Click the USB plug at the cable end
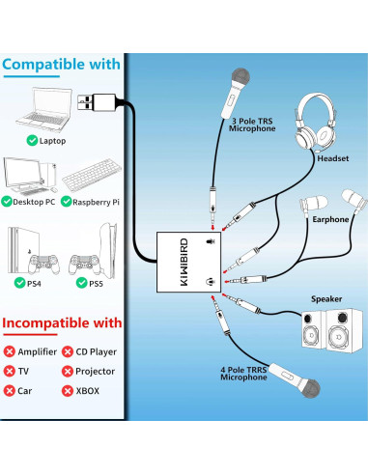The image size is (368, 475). coord(97,102)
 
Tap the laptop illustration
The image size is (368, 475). coord(44,109)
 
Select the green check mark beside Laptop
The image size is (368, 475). coord(32,140)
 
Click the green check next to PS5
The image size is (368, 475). coord(82,283)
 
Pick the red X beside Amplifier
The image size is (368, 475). coord(10,351)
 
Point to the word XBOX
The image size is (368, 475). coord(87,391)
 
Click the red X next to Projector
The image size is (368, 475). coord(68,371)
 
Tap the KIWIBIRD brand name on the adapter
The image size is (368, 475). coord(184,262)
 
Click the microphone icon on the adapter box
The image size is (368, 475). coord(211,241)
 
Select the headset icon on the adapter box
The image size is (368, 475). coord(211,282)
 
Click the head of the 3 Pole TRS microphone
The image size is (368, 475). coord(241,77)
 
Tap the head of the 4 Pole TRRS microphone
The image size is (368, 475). coord(310,388)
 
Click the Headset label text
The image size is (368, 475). coord(333,158)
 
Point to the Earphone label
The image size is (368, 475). coord(330,219)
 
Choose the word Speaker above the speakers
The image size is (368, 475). coord(326,299)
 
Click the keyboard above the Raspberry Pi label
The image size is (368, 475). coord(92,175)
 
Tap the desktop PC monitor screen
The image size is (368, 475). coord(22,172)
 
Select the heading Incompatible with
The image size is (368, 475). coord(62,322)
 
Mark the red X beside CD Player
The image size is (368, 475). coord(68,351)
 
